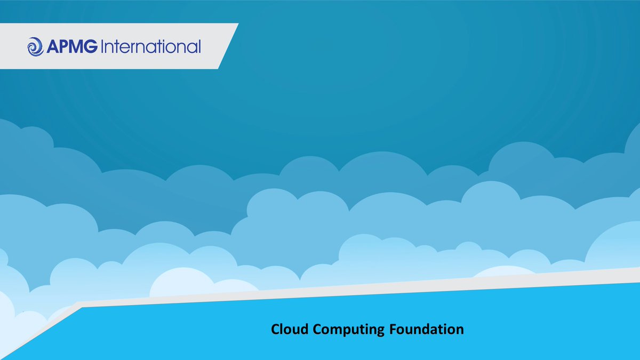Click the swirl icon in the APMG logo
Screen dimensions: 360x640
click(x=36, y=46)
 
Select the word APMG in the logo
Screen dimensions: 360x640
click(x=71, y=47)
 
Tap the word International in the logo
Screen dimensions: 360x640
click(x=150, y=47)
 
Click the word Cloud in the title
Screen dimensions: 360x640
click(x=290, y=329)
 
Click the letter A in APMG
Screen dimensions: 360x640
click(x=53, y=47)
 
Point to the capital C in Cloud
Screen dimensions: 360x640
click(x=275, y=329)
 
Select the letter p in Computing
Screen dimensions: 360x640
click(x=347, y=331)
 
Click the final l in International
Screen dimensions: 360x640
click(x=199, y=47)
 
